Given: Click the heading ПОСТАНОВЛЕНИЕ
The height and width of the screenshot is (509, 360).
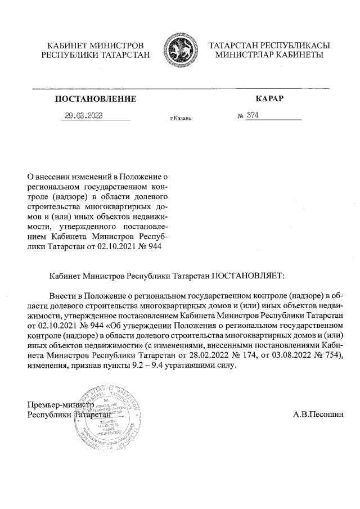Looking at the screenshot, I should [96, 99].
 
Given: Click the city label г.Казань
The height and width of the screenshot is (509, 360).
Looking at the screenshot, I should [181, 119].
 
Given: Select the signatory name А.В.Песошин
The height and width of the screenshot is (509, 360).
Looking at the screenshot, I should [317, 415].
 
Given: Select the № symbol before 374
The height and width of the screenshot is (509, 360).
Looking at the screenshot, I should [240, 116].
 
